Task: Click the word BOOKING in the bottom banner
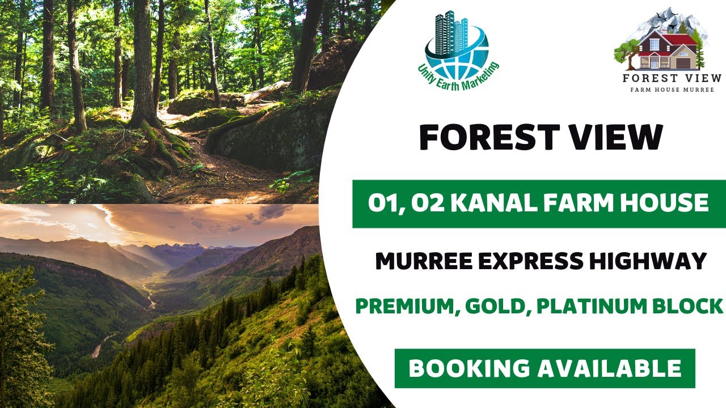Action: click(x=468, y=369)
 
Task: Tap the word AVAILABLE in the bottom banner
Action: click(x=610, y=369)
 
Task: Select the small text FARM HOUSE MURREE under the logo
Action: click(x=672, y=90)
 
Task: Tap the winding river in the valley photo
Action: click(x=151, y=295)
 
